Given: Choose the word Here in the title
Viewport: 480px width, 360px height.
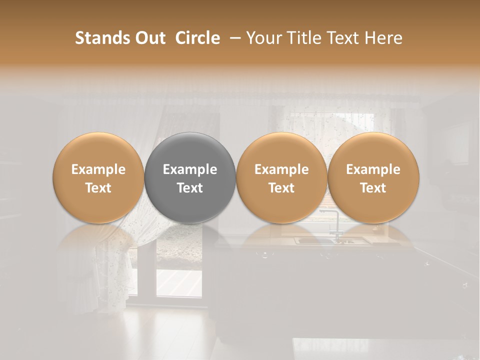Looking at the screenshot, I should point(383,38).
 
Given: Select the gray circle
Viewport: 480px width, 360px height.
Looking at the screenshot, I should point(190,178).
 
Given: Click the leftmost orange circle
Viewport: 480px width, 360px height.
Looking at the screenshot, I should point(98,178).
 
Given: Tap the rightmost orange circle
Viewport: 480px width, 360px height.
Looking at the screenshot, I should point(373,178).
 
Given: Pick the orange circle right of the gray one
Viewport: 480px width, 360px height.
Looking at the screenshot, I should point(281,178).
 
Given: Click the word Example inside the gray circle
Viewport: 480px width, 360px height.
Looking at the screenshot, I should point(190,169).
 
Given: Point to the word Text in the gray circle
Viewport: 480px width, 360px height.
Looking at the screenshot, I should point(190,188).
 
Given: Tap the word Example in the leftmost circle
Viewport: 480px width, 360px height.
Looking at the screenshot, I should point(98,169).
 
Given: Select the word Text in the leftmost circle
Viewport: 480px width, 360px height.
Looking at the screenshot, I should point(98,188).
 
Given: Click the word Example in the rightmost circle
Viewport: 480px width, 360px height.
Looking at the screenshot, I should point(373,169).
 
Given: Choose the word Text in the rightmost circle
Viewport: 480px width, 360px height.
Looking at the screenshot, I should point(373,188).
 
